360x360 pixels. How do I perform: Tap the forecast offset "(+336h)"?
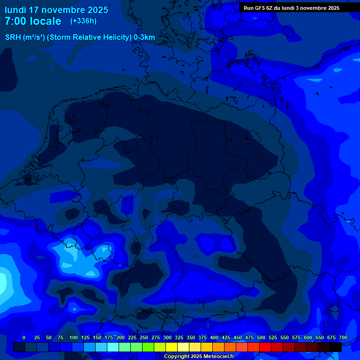pyautogui.click(x=83, y=21)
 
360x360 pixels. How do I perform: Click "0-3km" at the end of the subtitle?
pyautogui.click(x=144, y=37)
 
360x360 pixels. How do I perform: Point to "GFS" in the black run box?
pyautogui.click(x=259, y=8)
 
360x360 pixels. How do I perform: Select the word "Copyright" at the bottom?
pyautogui.click(x=177, y=357)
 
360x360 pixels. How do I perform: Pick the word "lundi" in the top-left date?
pyautogui.click(x=15, y=10)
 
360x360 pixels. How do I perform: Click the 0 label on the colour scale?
pyautogui.click(x=24, y=337)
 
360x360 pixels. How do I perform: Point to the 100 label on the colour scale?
pyautogui.click(x=74, y=337)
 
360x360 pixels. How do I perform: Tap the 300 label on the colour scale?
pyautogui.click(x=167, y=337)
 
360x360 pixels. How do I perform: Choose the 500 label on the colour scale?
pyautogui.click(x=261, y=337)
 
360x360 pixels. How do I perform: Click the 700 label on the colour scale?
pyautogui.click(x=343, y=337)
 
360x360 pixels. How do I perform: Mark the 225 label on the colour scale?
pyautogui.click(x=132, y=337)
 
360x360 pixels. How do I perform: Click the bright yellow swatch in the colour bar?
pyautogui.click(x=172, y=347)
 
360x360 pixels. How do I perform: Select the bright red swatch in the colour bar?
pyautogui.click(x=265, y=347)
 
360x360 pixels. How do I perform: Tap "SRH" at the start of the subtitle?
pyautogui.click(x=13, y=37)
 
